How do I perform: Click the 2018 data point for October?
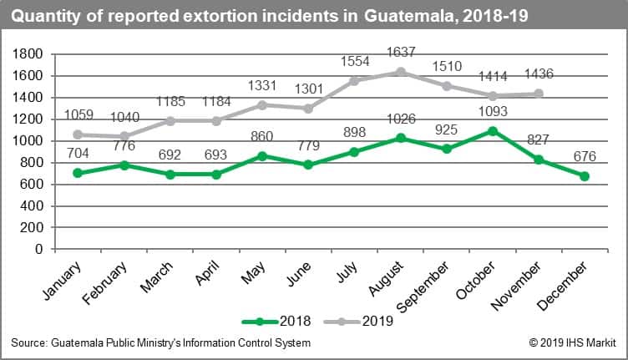point(493,131)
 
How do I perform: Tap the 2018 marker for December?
point(585,176)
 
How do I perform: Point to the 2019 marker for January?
point(78,134)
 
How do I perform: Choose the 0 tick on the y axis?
point(39,249)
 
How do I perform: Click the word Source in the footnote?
point(28,342)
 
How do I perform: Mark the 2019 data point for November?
point(539,94)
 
